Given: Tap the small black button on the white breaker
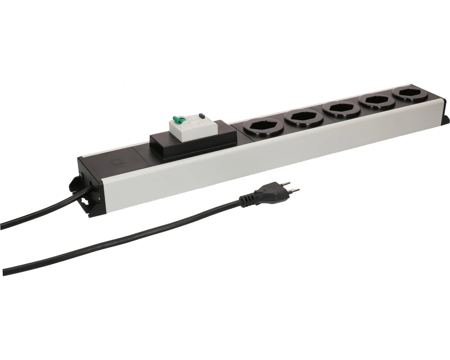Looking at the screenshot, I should (x=202, y=116).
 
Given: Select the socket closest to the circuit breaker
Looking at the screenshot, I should (x=261, y=126).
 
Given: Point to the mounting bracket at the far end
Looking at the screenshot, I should (x=445, y=120).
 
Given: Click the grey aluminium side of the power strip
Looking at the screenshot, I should (x=270, y=153).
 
